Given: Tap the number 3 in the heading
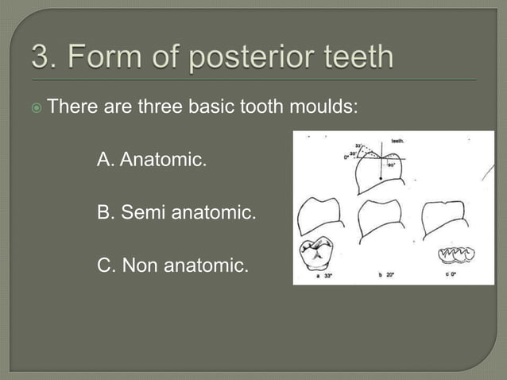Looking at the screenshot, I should tap(40, 57).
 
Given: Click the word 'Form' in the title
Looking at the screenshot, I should tap(104, 57).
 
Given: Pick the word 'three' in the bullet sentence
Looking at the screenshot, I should tap(161, 105).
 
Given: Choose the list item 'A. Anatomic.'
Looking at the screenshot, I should tap(151, 161).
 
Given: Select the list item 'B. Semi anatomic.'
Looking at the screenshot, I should tap(176, 213).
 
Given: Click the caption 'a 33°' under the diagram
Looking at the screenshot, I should tap(324, 275).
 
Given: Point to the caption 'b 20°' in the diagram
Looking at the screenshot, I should tap(387, 275).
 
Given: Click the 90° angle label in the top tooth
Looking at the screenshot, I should tap(392, 165).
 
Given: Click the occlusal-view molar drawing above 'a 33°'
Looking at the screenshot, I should tap(315, 254).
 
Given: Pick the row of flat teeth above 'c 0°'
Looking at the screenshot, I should tap(457, 254).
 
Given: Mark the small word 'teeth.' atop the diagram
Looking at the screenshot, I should tap(397, 140).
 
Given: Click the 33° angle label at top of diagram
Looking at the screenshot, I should tap(359, 146).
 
